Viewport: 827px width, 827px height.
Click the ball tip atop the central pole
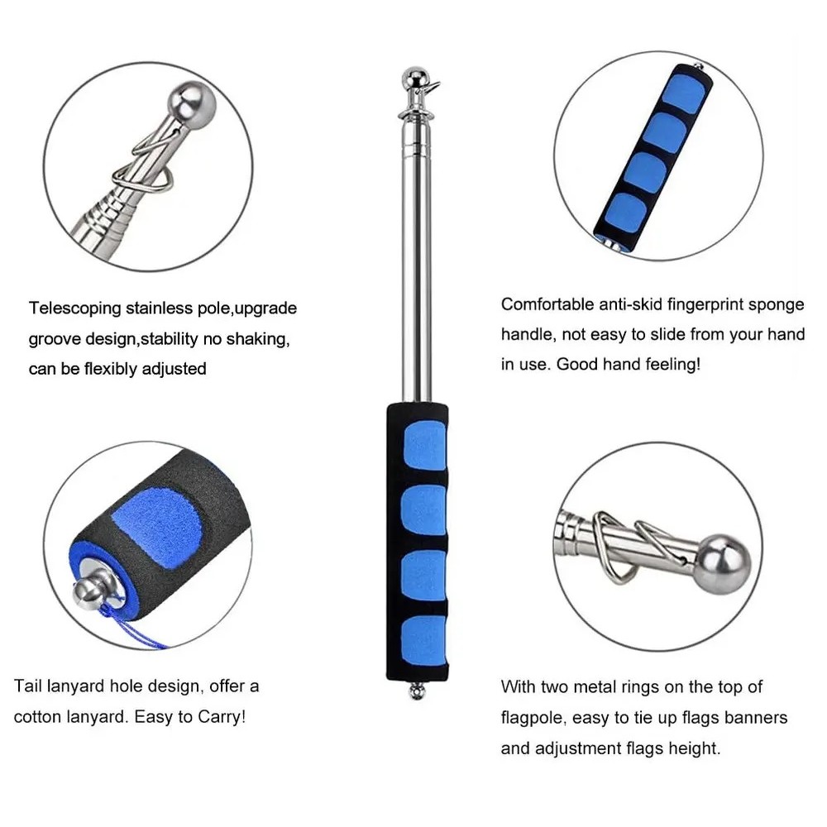click(416, 77)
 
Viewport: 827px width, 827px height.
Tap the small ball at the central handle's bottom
click(417, 691)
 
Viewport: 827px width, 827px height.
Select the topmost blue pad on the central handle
click(424, 445)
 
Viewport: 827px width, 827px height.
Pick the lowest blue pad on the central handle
click(423, 640)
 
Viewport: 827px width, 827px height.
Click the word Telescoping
click(75, 308)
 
